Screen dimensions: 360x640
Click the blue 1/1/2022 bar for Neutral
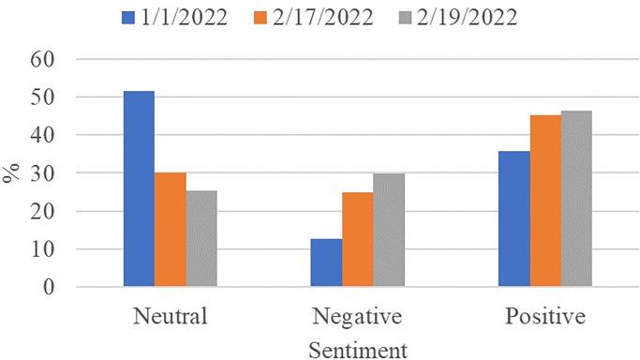pos(139,189)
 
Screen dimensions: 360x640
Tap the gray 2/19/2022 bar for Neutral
pos(201,239)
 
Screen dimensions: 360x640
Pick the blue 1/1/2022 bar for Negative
pos(326,262)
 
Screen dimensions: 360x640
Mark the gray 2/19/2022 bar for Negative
pos(388,231)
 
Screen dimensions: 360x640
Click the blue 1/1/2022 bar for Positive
pos(513,218)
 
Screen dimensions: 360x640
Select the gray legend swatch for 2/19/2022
pos(405,18)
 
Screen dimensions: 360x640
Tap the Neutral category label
pos(170,317)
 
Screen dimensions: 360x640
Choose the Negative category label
pos(357,317)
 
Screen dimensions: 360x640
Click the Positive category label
pos(544,317)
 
